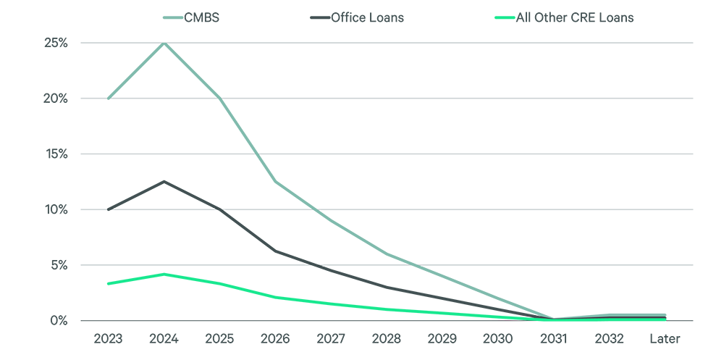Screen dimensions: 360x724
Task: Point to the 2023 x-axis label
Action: pyautogui.click(x=108, y=339)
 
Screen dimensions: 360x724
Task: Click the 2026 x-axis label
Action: pyautogui.click(x=275, y=339)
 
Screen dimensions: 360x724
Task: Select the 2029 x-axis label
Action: pyautogui.click(x=442, y=339)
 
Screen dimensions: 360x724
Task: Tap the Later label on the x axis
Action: pyautogui.click(x=665, y=339)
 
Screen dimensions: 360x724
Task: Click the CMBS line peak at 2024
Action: pyautogui.click(x=164, y=43)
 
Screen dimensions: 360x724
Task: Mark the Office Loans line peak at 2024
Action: pyautogui.click(x=164, y=181)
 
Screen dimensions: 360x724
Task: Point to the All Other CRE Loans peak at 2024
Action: pyautogui.click(x=164, y=274)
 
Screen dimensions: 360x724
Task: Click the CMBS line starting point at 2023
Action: pyautogui.click(x=108, y=99)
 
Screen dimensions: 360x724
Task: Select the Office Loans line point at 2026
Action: pyautogui.click(x=275, y=251)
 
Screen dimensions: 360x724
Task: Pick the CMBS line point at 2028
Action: pyautogui.click(x=387, y=254)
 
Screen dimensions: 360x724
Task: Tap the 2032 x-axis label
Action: pyautogui.click(x=610, y=339)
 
